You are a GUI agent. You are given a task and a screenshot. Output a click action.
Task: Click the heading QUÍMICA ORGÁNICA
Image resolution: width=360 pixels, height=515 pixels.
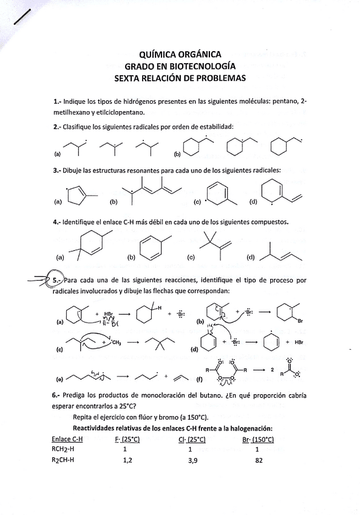coord(180,54)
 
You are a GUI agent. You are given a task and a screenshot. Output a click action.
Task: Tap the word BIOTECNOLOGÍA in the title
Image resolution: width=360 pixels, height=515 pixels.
coord(203,66)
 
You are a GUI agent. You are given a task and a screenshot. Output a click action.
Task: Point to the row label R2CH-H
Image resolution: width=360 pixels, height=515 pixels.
coord(66,461)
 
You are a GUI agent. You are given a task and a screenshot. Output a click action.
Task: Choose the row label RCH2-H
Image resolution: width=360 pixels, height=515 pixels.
coord(66,450)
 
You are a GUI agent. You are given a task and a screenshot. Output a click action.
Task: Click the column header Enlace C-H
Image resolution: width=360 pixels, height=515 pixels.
coord(67,439)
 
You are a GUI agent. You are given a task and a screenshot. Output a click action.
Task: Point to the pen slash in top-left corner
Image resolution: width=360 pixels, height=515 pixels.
coord(22,15)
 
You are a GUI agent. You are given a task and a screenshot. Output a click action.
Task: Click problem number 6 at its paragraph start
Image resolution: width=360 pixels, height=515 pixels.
coord(55,395)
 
